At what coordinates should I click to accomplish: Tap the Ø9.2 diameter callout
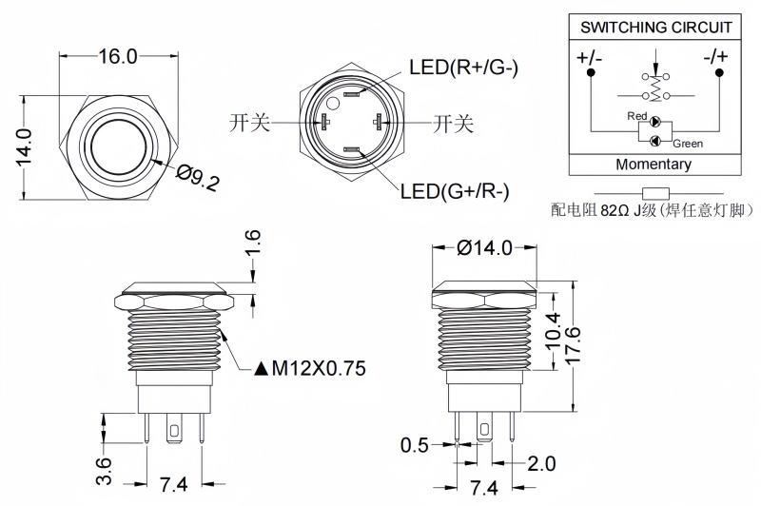[198, 177]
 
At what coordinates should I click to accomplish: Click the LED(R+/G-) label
[463, 68]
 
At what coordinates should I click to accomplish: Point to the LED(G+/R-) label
[455, 191]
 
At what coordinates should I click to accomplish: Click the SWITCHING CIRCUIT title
[656, 28]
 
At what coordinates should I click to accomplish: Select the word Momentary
[654, 164]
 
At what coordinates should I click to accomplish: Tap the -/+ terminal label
[716, 56]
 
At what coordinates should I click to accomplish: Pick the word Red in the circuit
[636, 116]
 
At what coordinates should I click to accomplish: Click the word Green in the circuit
[688, 144]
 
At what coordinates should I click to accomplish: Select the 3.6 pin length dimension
[104, 468]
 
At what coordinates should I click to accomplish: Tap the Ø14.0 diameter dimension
[484, 247]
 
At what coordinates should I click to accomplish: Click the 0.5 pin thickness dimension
[414, 444]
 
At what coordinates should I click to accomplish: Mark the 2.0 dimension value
[540, 463]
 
